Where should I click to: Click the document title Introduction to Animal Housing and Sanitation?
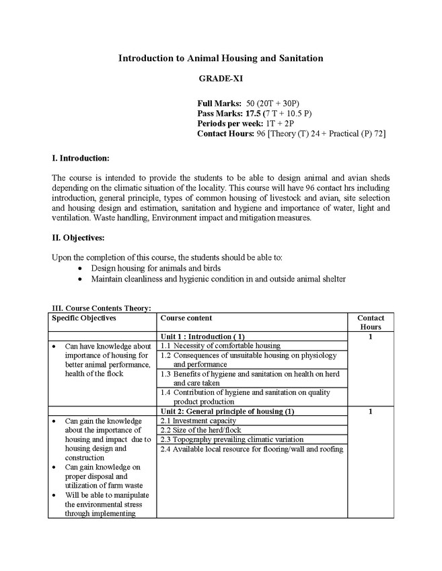[221, 58]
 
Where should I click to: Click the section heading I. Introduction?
[80, 158]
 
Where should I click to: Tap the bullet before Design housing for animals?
[81, 268]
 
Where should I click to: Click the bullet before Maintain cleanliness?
[81, 279]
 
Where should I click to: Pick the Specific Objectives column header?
[84, 318]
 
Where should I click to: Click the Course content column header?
[186, 318]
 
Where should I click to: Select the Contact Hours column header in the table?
[370, 322]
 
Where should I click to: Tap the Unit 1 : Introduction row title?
[202, 336]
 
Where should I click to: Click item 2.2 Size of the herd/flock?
[200, 430]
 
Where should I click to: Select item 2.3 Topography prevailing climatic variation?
[233, 439]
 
